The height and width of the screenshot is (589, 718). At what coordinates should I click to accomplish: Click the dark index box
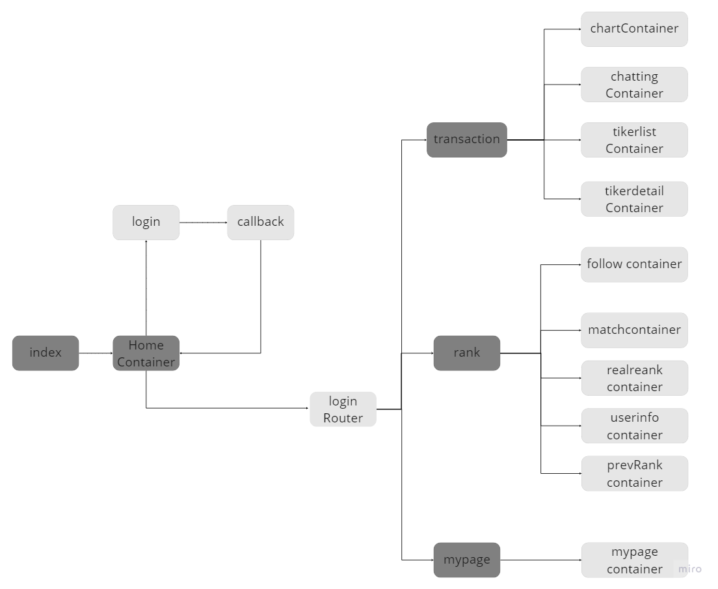46,353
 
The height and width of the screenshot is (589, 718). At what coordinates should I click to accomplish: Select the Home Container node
146,353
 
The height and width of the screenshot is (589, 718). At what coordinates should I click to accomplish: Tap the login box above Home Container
146,222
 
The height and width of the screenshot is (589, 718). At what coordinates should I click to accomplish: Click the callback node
260,222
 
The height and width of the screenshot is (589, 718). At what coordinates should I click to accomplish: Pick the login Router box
343,409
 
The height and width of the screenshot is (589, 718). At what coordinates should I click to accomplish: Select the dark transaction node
466,139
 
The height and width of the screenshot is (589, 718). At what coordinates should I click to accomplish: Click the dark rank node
466,353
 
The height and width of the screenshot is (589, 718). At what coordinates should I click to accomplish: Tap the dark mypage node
466,560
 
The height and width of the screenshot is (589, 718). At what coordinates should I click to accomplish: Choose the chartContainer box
634,29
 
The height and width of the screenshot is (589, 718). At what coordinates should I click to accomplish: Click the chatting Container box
634,85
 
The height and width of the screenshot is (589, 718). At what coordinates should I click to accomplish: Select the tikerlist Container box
634,140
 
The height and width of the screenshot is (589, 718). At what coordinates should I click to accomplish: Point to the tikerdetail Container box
634,199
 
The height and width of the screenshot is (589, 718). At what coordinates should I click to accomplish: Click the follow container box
634,264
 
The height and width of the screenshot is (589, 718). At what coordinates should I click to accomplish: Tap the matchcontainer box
634,330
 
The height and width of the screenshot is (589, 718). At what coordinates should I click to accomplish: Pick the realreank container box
634,378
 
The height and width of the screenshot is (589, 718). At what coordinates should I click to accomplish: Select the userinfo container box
634,426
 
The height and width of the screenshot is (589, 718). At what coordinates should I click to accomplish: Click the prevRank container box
634,473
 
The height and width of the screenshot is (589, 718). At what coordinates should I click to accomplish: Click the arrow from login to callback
203,223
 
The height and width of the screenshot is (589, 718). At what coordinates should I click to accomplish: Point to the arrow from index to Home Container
96,353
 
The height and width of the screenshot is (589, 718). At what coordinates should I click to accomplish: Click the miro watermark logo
689,569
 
